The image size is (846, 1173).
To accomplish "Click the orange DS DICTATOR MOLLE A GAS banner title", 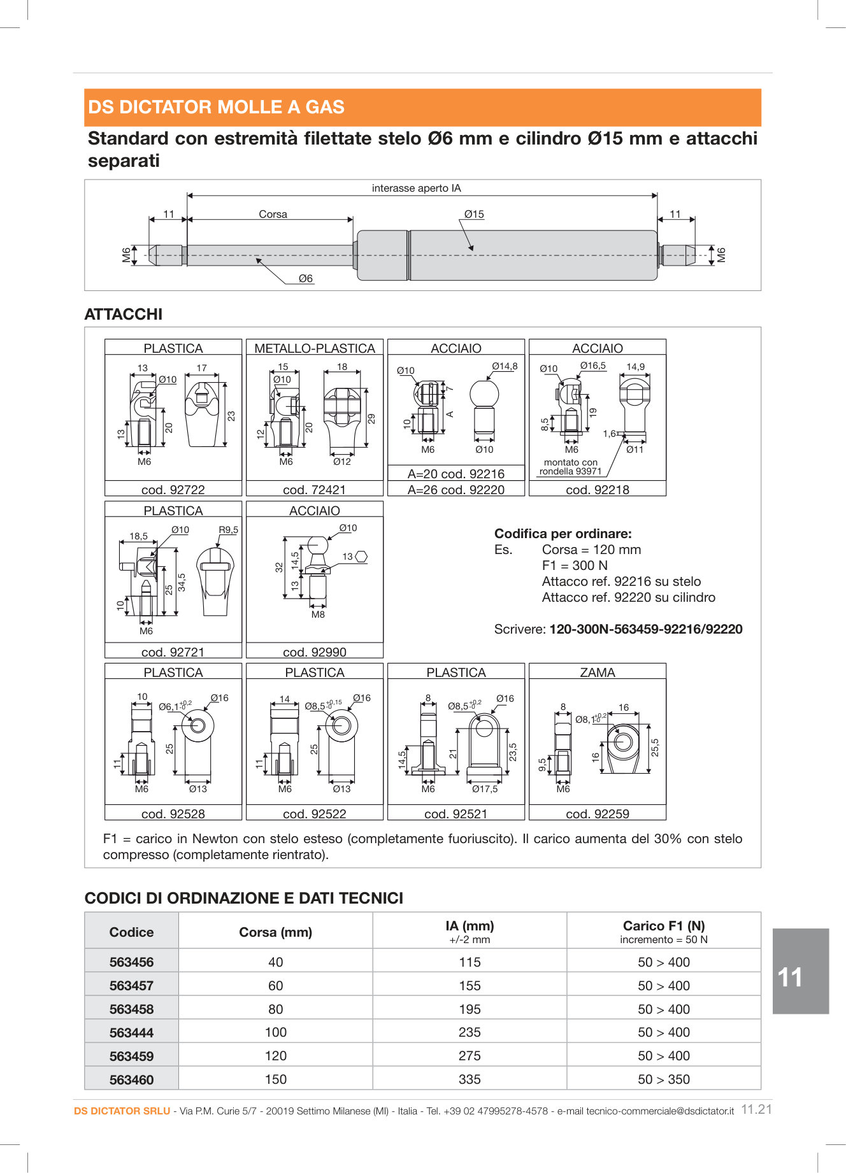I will [216, 107].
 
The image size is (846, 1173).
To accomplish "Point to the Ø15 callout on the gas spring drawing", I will [474, 215].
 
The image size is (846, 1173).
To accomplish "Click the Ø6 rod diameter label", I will [306, 279].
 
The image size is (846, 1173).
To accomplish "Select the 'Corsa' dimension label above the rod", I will [273, 215].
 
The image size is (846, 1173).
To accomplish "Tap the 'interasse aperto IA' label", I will [416, 188].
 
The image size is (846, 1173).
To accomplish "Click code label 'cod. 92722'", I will [173, 490].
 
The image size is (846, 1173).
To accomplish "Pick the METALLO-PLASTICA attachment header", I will [315, 348].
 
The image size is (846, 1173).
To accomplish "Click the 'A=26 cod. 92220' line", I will [456, 490].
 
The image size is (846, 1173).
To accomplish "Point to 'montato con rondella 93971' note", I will [570, 467].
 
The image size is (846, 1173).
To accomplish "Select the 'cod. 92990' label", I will [315, 652].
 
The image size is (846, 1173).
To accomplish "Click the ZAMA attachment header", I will [598, 672].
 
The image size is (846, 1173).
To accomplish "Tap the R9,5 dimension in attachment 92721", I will [228, 530].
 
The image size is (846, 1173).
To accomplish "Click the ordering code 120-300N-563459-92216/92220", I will [646, 629].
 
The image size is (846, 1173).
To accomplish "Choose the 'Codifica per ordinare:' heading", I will [563, 534].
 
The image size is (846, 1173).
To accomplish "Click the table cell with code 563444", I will [131, 1032].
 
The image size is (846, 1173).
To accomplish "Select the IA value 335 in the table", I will [470, 1079].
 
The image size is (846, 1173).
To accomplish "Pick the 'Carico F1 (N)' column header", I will [664, 926].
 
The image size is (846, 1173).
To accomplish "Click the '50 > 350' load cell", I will [664, 1079].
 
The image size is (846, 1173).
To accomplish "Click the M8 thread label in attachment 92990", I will [318, 615].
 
